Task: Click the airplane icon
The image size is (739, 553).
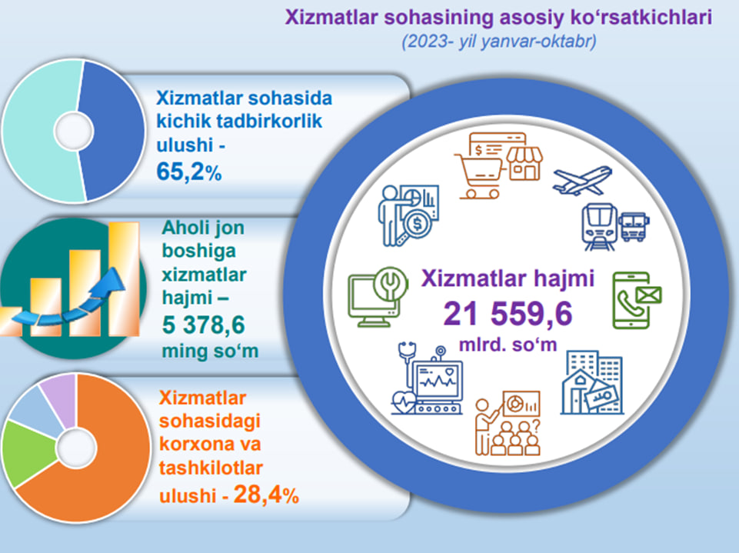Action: point(583,181)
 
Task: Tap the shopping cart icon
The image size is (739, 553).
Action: point(478,176)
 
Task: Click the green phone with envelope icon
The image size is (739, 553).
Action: point(637,300)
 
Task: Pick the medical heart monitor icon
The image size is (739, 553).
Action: point(427,378)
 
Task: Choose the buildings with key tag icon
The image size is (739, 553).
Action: point(592,382)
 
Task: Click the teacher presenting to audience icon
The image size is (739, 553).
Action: point(508,423)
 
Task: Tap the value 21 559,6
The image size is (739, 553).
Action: point(508,314)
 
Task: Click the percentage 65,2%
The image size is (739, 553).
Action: point(189,172)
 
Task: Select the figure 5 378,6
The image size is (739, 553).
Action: point(204,325)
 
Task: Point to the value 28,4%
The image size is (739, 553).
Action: point(266,495)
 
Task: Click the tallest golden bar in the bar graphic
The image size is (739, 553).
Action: point(124,278)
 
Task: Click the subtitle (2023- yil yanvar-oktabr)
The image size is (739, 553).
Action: point(499,42)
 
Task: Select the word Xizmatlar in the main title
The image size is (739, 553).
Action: point(331,18)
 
